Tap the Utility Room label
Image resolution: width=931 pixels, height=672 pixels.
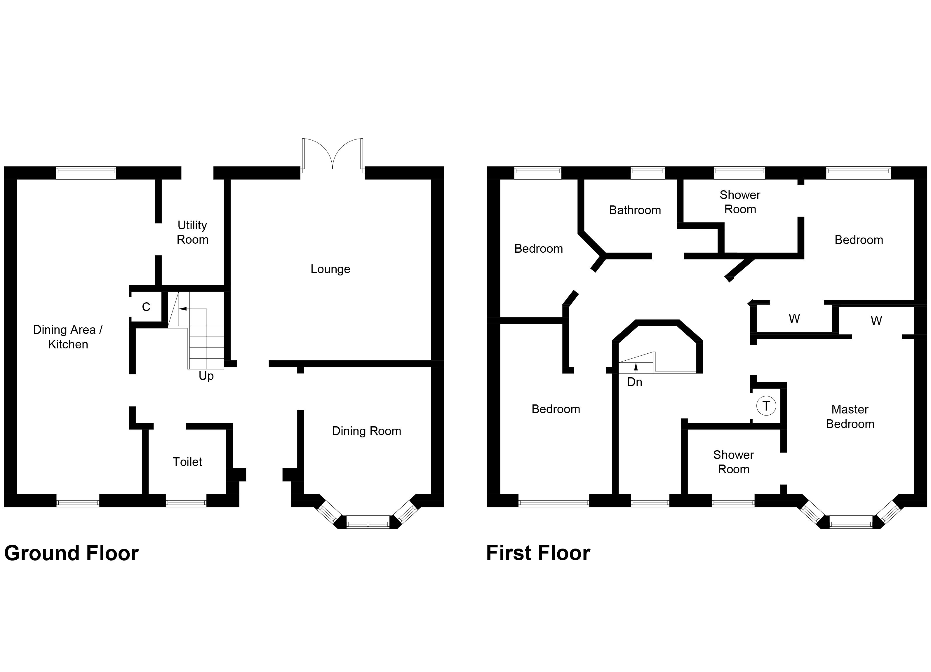(x=192, y=232)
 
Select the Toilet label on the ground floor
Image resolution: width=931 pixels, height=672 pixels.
(x=187, y=462)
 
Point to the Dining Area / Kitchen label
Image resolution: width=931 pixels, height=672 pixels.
(x=68, y=337)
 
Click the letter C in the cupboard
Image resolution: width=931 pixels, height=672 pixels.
(x=146, y=307)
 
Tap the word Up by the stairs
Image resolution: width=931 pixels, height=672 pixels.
(x=206, y=376)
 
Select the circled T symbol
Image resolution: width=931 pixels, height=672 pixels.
(x=766, y=406)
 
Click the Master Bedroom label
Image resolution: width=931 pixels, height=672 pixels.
(x=850, y=416)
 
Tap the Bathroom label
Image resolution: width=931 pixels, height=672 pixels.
(x=635, y=210)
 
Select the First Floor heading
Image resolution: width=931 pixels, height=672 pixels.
(x=538, y=553)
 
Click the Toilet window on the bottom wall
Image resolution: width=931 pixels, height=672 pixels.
(x=186, y=500)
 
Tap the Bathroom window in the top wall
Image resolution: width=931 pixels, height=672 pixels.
(x=647, y=173)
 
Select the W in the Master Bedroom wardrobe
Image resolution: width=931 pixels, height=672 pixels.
(x=876, y=321)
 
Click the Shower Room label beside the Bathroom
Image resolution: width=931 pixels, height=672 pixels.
(x=740, y=202)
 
